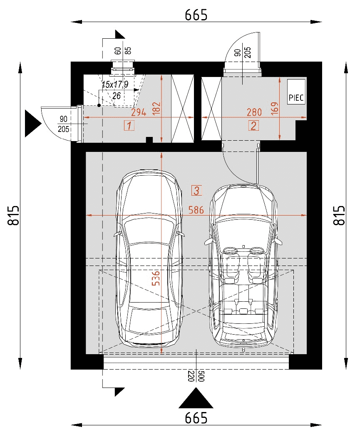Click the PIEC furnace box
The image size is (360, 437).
[x=296, y=92]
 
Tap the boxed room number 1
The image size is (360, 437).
[x=129, y=126]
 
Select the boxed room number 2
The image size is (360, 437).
[x=253, y=126]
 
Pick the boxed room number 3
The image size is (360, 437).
[x=196, y=191]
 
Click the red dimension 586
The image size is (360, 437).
[x=196, y=210]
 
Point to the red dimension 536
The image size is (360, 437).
[x=156, y=278]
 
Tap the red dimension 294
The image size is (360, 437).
[x=139, y=112]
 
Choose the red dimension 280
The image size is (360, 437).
[x=254, y=112]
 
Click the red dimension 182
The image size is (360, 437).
[x=156, y=108]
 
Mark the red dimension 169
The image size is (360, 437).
[x=275, y=108]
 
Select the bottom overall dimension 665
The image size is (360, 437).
[x=196, y=418]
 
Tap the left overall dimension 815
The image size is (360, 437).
[x=14, y=215]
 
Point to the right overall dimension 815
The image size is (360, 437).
[x=339, y=215]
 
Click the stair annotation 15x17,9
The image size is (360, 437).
[x=115, y=84]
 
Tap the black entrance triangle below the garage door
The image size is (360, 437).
[x=196, y=398]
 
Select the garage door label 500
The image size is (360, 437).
[x=202, y=376]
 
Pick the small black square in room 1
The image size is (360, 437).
[x=150, y=140]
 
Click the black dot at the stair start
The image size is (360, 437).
[x=99, y=105]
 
